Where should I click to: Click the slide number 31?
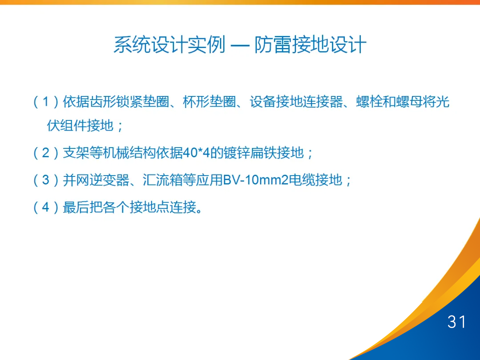[456, 321]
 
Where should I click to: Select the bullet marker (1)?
[46, 102]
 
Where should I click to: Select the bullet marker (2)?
[46, 153]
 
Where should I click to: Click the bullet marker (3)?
[46, 180]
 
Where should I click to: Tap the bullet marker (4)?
[46, 207]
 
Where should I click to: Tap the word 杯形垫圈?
[209, 102]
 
